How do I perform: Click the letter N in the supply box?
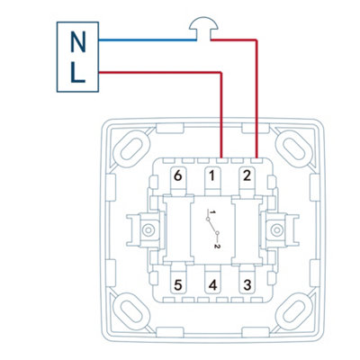click(x=77, y=41)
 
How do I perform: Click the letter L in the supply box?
click(x=77, y=73)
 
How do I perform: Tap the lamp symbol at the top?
click(x=204, y=29)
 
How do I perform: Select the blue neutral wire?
click(x=148, y=40)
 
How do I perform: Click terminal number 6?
click(x=178, y=176)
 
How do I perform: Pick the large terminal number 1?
click(x=212, y=176)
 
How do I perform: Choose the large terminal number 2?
click(x=247, y=175)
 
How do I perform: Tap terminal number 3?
click(x=247, y=285)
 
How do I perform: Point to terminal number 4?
click(x=212, y=285)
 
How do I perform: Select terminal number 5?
click(x=178, y=285)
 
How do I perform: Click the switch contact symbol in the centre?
click(x=212, y=226)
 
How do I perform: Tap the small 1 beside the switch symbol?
click(x=212, y=212)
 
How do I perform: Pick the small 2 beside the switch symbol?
click(x=218, y=247)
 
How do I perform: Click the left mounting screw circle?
click(x=148, y=230)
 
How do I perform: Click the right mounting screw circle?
click(x=275, y=230)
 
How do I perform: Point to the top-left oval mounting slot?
click(x=131, y=148)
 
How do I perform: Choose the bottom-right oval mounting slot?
click(x=294, y=312)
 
